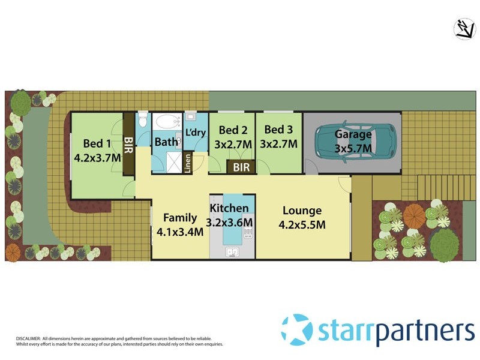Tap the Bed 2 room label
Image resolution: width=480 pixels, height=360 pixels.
tap(233, 130)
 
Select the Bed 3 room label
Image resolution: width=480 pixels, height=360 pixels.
tap(278, 130)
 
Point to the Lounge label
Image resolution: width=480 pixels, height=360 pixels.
tap(302, 211)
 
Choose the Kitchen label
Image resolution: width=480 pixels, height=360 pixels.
tap(229, 208)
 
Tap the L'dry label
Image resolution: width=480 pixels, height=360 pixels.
tap(196, 132)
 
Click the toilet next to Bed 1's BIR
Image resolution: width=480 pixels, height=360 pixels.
tap(142, 118)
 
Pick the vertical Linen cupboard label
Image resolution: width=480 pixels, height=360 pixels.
tap(188, 163)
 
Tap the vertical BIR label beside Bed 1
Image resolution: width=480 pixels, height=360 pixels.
tap(128, 144)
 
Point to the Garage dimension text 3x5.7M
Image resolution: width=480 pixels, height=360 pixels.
tap(353, 148)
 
